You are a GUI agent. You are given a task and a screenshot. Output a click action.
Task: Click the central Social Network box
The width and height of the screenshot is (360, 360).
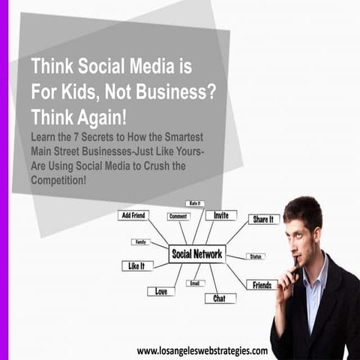click(x=196, y=253)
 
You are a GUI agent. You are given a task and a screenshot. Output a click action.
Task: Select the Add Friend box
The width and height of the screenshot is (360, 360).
click(x=133, y=215)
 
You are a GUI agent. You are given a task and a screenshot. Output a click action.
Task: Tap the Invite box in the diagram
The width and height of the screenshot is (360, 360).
click(x=220, y=215)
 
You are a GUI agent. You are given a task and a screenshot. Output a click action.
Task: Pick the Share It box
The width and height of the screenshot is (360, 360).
click(x=263, y=219)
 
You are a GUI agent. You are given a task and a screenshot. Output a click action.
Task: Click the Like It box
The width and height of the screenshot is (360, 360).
click(x=137, y=265)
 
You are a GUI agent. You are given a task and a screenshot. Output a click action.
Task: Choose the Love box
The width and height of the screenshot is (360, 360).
click(x=160, y=291)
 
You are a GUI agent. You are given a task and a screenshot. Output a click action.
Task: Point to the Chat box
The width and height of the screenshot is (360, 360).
click(x=220, y=298)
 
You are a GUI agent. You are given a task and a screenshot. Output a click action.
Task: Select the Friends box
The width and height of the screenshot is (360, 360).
click(x=262, y=285)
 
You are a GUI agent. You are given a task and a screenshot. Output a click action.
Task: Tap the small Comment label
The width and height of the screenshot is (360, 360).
click(x=178, y=217)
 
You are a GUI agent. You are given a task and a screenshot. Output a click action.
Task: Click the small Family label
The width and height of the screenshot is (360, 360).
click(x=140, y=241)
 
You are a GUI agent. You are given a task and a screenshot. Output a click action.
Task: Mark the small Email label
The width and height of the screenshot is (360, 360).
click(x=195, y=283)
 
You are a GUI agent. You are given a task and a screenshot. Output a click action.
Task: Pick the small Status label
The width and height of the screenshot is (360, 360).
click(x=255, y=256)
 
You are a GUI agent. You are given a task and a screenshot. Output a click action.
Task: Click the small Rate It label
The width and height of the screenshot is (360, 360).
click(x=195, y=203)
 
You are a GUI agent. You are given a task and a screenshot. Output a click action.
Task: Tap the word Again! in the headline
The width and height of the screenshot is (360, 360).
click(x=105, y=118)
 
